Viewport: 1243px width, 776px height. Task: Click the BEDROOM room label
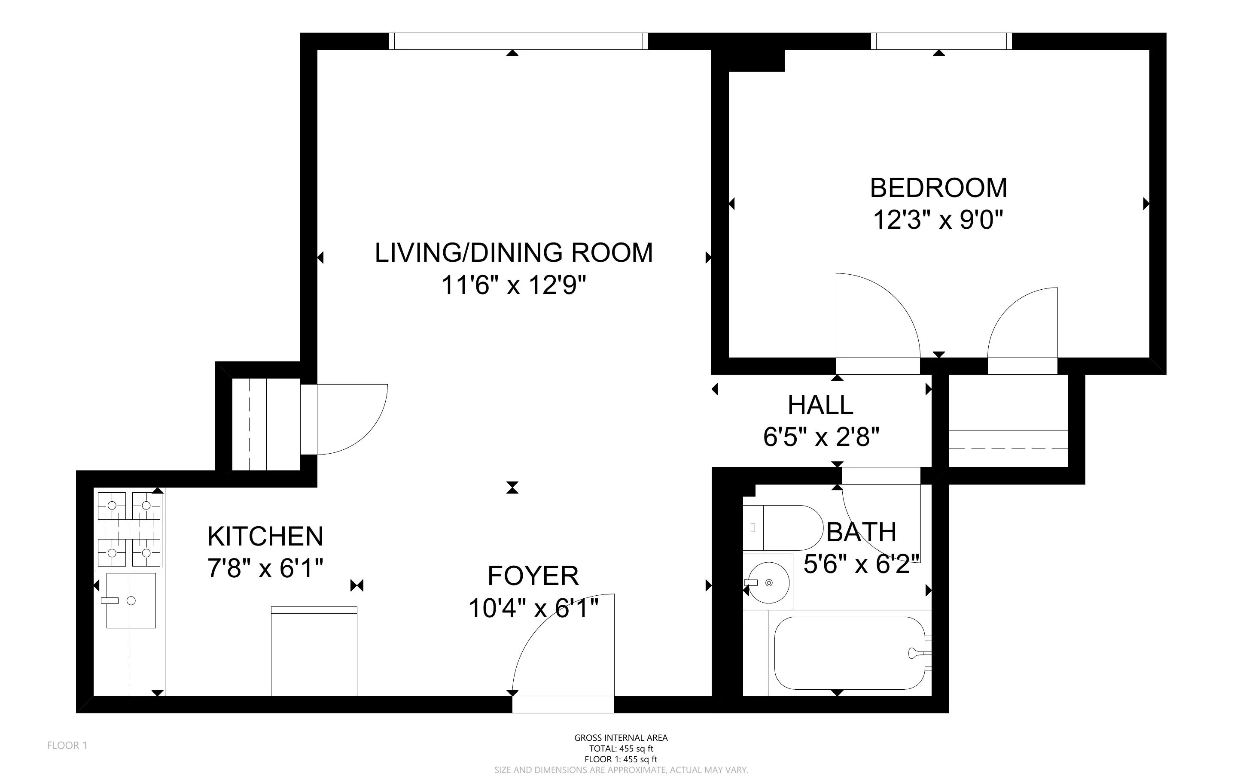938,188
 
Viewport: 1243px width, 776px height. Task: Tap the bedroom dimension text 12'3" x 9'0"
938,220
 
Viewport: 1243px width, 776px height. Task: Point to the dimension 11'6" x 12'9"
513,285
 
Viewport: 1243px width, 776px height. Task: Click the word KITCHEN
265,537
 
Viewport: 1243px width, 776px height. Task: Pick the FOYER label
533,576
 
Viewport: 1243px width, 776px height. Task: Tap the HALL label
820,406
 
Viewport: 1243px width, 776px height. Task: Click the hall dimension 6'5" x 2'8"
821,437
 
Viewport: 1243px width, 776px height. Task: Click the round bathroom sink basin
768,582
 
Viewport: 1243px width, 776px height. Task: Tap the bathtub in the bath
850,653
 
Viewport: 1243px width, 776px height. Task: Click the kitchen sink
131,600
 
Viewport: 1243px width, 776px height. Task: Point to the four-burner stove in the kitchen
129,529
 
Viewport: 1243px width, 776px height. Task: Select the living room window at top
518,41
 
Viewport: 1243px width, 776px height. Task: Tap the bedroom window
941,41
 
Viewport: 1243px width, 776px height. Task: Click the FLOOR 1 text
67,745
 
